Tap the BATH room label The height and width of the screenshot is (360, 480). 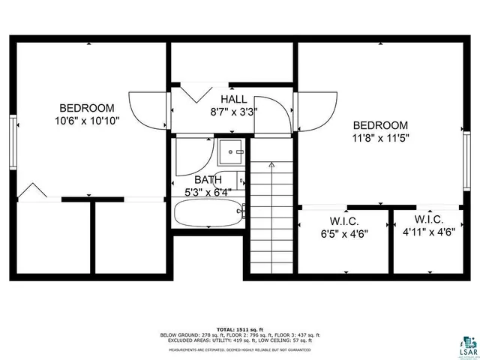coord(208,180)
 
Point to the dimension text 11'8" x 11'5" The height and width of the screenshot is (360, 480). coord(380,138)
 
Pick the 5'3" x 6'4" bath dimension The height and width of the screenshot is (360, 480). coord(208,193)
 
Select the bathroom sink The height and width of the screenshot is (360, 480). coord(230,151)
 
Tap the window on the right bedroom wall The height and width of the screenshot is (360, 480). coord(466,153)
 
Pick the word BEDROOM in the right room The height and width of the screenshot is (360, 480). coord(380,125)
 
